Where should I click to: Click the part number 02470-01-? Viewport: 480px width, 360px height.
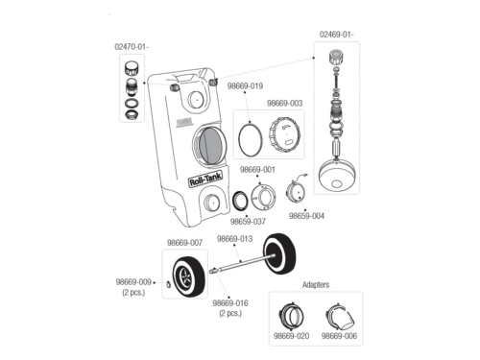pos(132,47)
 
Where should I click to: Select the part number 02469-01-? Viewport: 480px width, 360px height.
pos(337,35)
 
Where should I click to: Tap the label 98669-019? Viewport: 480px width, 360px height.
pos(245,86)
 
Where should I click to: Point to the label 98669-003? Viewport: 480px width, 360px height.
pos(284,104)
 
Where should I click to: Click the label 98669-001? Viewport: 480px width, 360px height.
pos(257,170)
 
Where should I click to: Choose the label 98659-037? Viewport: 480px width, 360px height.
pos(248,222)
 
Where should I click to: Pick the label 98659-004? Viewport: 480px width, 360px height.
pos(306,216)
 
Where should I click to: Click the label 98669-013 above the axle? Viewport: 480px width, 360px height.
pos(234,239)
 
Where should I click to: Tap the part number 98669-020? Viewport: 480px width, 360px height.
pos(292,336)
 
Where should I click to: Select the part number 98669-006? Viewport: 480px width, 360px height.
pos(339,336)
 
